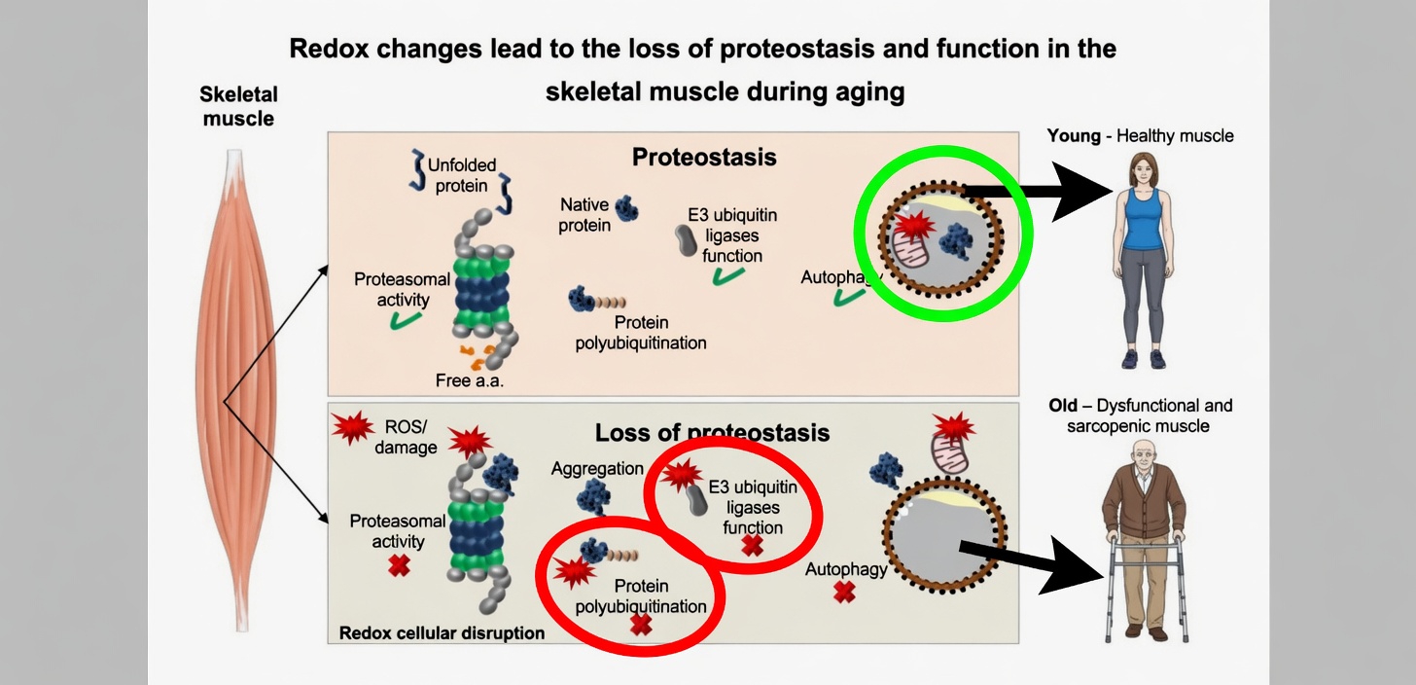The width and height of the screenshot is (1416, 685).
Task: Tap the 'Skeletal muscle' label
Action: (238, 107)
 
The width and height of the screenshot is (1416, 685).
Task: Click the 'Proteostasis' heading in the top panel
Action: (704, 157)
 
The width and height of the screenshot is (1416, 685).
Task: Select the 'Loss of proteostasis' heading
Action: (712, 432)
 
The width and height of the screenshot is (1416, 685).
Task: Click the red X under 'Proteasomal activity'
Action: (398, 565)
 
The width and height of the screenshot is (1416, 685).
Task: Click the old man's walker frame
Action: (1148, 584)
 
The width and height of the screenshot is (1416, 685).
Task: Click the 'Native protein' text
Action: (584, 215)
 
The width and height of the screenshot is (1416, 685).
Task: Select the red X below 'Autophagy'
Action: (844, 592)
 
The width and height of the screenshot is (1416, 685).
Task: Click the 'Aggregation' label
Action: (597, 468)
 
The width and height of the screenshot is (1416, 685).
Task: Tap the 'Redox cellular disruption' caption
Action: (442, 633)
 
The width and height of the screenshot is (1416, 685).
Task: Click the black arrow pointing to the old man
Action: (1041, 564)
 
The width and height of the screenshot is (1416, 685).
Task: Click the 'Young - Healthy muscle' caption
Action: (1140, 136)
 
